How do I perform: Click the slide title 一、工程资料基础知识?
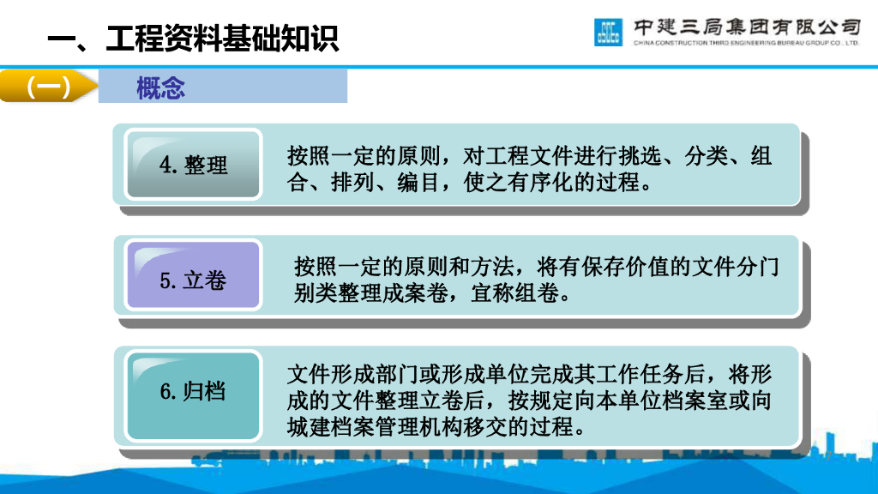coord(193,39)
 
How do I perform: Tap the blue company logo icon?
coord(608,32)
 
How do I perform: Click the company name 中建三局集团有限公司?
coord(746,26)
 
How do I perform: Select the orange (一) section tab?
coord(48,87)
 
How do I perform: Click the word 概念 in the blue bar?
coord(160,87)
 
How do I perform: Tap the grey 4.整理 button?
coord(194,165)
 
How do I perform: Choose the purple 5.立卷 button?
coord(193,280)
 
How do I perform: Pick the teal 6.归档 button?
coord(193,392)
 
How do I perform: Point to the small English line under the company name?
coord(746,42)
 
